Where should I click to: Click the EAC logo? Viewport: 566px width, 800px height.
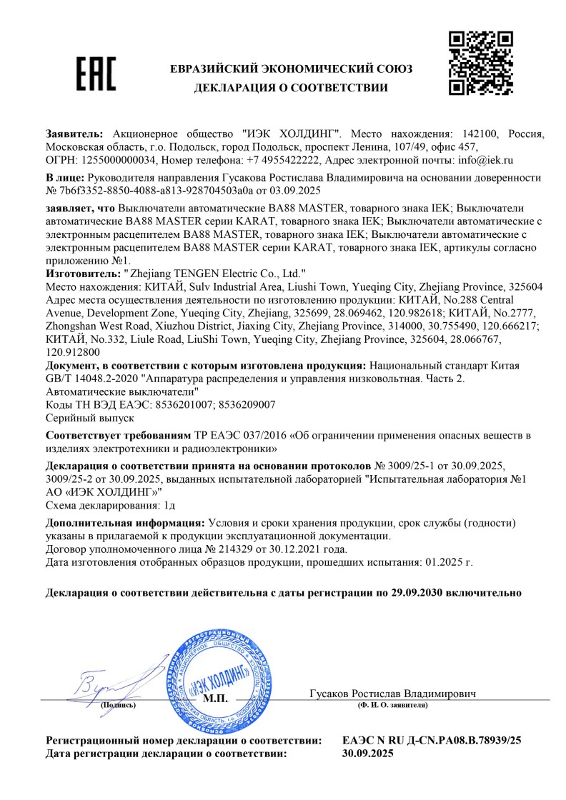pyautogui.click(x=96, y=73)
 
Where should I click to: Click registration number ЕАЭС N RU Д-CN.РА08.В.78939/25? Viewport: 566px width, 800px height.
pyautogui.click(x=432, y=740)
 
